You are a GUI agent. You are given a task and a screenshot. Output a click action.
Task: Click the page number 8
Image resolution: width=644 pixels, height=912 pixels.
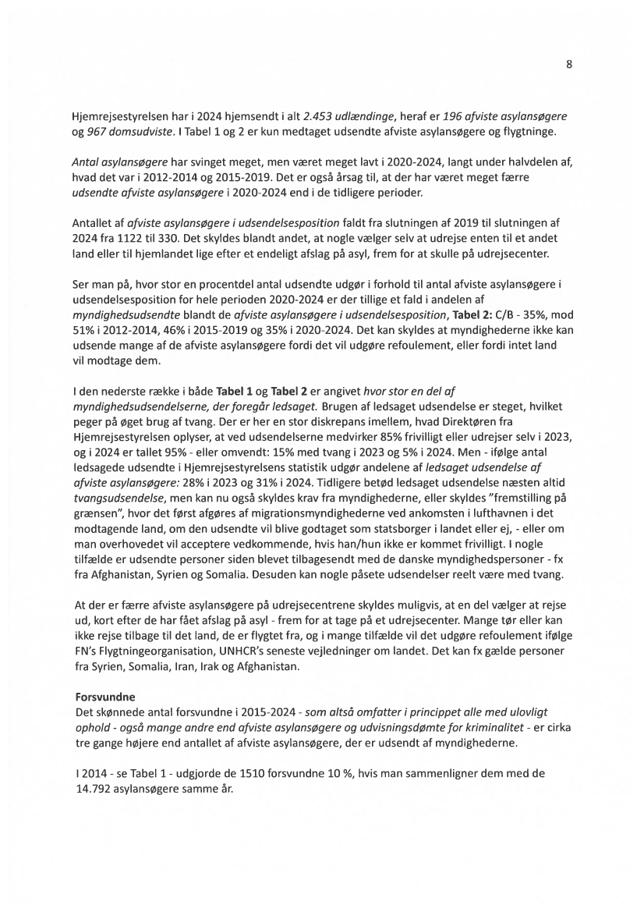569,65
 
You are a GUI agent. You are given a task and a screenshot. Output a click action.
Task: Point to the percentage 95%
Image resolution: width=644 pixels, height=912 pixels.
161,450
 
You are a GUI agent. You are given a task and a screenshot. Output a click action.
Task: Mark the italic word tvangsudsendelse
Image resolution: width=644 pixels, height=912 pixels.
112,511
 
